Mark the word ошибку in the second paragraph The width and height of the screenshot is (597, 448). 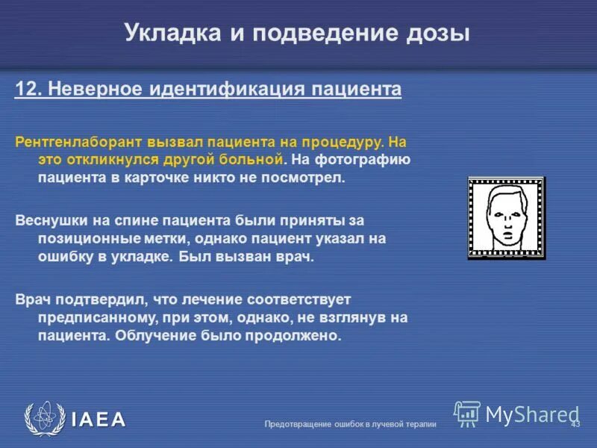pos(67,258)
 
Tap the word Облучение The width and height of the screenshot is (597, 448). pos(146,336)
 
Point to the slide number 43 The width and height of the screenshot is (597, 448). pos(575,424)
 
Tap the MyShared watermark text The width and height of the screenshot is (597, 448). pos(532,414)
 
